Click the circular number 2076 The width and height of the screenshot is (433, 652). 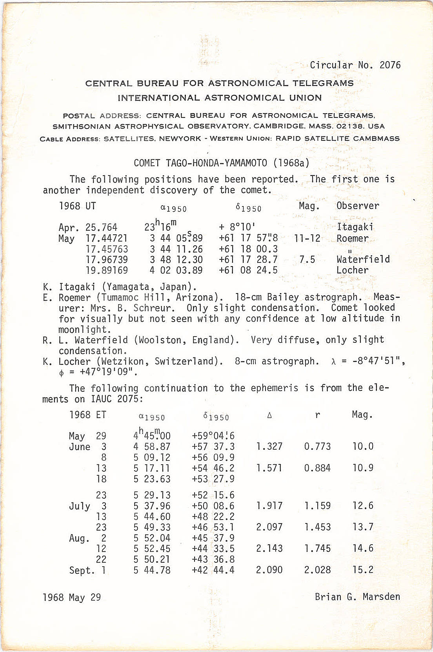point(390,65)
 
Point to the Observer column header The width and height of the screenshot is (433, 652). point(358,206)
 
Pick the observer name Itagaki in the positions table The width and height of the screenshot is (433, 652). point(355,227)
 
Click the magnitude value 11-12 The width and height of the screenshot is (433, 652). point(307,238)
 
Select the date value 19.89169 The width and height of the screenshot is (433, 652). point(107,270)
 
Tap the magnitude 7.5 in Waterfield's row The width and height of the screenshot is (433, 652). point(307,259)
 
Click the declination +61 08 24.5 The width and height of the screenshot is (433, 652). point(248,270)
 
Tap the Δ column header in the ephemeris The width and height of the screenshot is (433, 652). point(269,415)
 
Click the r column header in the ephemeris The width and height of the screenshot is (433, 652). point(317,415)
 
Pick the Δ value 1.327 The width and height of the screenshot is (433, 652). point(269,446)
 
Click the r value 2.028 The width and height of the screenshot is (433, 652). point(317,570)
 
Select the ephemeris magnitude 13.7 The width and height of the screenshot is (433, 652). point(363,527)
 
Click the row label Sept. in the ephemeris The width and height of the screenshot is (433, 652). point(82,570)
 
